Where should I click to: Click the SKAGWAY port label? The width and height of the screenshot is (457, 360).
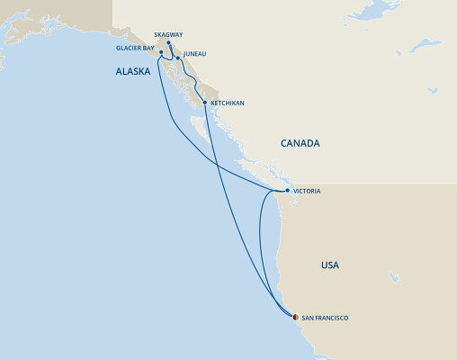(169, 34)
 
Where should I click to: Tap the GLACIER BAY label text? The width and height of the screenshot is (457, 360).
(135, 48)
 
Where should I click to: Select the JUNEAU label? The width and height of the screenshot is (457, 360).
(194, 54)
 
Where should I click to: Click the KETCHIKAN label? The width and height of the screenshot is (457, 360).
(227, 103)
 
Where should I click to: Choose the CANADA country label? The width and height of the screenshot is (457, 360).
(300, 143)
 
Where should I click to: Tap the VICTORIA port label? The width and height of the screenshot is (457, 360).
(307, 192)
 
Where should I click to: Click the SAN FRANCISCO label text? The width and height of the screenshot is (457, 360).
(325, 318)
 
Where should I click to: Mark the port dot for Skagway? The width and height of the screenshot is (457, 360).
(169, 42)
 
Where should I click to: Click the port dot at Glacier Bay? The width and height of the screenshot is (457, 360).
(161, 52)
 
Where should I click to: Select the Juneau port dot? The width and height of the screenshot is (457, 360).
(177, 58)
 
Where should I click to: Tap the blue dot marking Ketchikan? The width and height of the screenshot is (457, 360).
(206, 103)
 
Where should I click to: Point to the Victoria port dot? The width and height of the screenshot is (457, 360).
(286, 192)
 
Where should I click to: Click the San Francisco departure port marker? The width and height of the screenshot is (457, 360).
(294, 316)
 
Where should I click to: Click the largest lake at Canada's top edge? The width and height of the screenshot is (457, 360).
(379, 12)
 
